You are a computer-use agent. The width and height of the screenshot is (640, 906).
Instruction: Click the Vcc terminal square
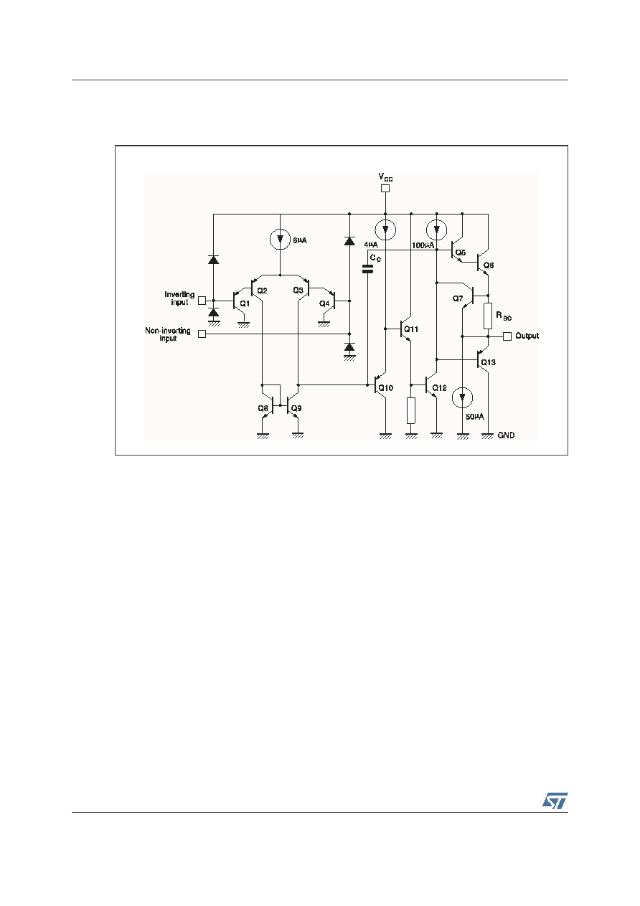pyautogui.click(x=385, y=188)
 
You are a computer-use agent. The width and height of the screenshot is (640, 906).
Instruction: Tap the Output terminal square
pyautogui.click(x=507, y=336)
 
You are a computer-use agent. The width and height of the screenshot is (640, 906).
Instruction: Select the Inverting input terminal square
pyautogui.click(x=202, y=301)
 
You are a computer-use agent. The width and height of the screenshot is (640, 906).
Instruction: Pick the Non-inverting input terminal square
pyautogui.click(x=202, y=334)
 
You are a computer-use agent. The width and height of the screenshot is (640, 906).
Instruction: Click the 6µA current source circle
pyautogui.click(x=280, y=239)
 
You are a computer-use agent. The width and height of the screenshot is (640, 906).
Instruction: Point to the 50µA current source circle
pyautogui.click(x=462, y=397)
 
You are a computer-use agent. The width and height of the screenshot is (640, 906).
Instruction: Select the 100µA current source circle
pyautogui.click(x=436, y=230)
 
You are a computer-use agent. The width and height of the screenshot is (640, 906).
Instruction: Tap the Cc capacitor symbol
pyautogui.click(x=367, y=268)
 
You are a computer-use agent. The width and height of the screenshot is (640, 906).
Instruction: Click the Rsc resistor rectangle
pyautogui.click(x=488, y=316)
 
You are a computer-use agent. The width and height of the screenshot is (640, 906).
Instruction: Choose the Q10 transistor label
pyautogui.click(x=385, y=388)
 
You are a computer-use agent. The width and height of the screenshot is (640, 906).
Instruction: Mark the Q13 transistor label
pyautogui.click(x=489, y=362)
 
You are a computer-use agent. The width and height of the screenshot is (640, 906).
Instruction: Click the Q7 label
pyautogui.click(x=458, y=298)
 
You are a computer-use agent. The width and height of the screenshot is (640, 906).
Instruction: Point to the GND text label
pyautogui.click(x=506, y=435)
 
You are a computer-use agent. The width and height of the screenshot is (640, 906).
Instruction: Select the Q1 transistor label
pyautogui.click(x=245, y=303)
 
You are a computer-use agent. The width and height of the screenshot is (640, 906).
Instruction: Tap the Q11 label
pyautogui.click(x=411, y=329)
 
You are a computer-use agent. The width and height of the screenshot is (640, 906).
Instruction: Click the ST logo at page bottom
pyautogui.click(x=555, y=801)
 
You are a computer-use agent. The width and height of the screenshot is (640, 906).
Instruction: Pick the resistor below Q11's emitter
pyautogui.click(x=411, y=410)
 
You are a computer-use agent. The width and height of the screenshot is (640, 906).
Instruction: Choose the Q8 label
pyautogui.click(x=263, y=408)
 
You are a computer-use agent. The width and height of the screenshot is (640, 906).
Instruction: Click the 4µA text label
pyautogui.click(x=370, y=245)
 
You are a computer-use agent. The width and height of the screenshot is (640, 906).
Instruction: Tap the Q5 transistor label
pyautogui.click(x=461, y=253)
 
